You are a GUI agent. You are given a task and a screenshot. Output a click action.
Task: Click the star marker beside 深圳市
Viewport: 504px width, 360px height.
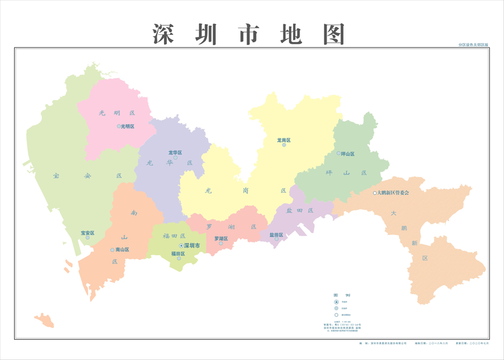[181, 246]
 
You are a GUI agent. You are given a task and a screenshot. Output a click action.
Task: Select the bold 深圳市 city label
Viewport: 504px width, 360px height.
[192, 246]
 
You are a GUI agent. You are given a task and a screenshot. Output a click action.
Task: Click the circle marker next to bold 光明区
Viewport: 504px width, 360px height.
[118, 126]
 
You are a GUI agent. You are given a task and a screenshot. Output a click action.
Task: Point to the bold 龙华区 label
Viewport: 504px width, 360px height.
[176, 152]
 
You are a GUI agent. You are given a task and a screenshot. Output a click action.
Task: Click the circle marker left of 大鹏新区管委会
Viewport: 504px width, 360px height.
[375, 193]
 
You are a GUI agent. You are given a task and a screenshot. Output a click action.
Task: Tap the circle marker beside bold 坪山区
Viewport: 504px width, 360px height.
[339, 153]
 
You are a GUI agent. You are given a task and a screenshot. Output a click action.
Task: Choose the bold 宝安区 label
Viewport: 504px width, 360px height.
[87, 233]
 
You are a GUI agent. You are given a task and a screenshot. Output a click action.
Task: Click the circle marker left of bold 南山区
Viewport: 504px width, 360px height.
[112, 249]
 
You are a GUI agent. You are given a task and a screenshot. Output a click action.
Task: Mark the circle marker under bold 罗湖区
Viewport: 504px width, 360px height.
[220, 244]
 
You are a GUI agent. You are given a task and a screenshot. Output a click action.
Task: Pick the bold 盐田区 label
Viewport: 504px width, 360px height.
[276, 235]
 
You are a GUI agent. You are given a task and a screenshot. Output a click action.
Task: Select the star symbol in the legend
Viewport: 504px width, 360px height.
[336, 302]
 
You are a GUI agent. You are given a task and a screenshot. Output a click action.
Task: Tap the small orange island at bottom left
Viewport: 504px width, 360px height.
[44, 320]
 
